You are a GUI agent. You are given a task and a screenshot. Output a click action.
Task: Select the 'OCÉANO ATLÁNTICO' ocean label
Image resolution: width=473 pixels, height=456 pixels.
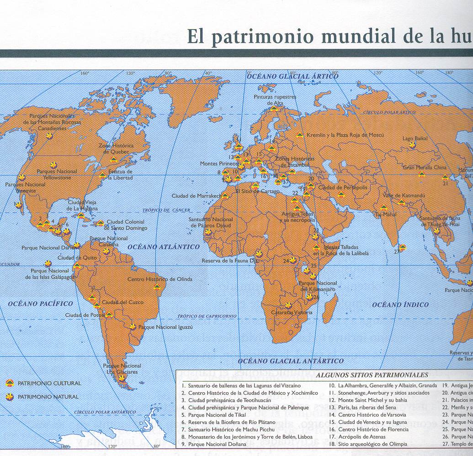[x=163, y=247]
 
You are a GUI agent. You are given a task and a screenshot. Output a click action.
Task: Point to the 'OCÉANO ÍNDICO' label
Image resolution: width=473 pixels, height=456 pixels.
[x=400, y=304]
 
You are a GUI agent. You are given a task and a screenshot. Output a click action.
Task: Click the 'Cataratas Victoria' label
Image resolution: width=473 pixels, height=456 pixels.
[x=292, y=313]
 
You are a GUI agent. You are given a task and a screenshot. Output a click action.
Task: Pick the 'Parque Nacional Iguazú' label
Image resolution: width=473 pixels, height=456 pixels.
[x=165, y=327]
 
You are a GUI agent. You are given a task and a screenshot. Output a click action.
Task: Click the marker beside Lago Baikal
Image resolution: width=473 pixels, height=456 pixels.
[x=412, y=145]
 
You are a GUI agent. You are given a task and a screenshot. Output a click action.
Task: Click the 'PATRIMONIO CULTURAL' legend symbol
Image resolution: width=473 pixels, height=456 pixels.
[x=9, y=383]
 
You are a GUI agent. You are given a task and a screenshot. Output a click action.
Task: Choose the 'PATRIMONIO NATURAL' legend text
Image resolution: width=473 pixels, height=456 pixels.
[x=48, y=397]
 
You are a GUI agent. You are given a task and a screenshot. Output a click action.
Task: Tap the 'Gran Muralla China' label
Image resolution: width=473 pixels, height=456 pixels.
[x=425, y=168]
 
